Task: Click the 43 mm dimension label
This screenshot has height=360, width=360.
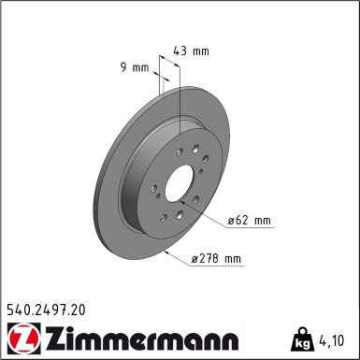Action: tap(192, 51)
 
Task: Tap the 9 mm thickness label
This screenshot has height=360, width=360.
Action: tap(134, 67)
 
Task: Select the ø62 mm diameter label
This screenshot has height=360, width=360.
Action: tap(249, 221)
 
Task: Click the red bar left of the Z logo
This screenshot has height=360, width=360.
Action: tap(5, 338)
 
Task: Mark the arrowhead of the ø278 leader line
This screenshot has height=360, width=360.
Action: tap(166, 251)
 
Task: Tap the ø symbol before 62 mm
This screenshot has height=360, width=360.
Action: tap(232, 221)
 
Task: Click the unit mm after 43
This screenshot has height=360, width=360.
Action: tap(200, 51)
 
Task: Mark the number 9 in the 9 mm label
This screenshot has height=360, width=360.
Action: tap(123, 67)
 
